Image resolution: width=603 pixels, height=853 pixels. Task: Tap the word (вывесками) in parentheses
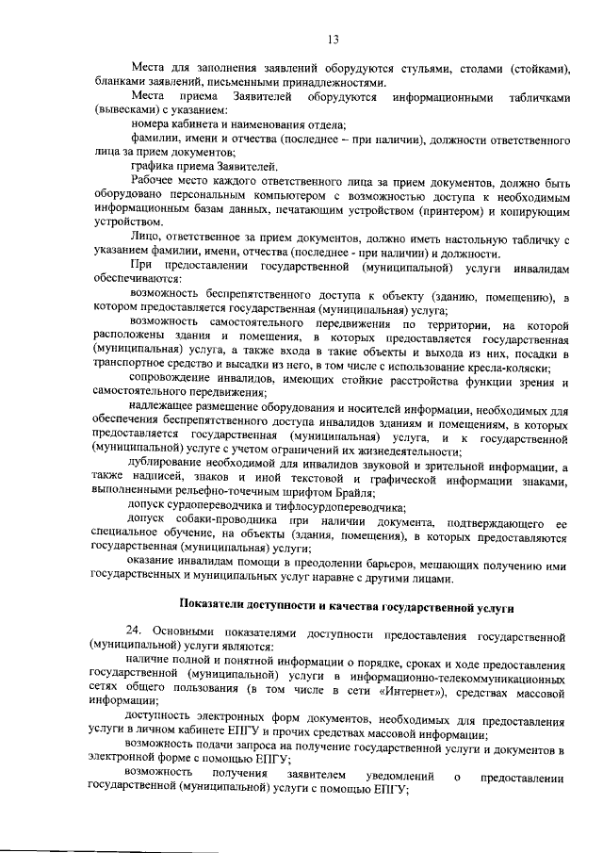point(125,110)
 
